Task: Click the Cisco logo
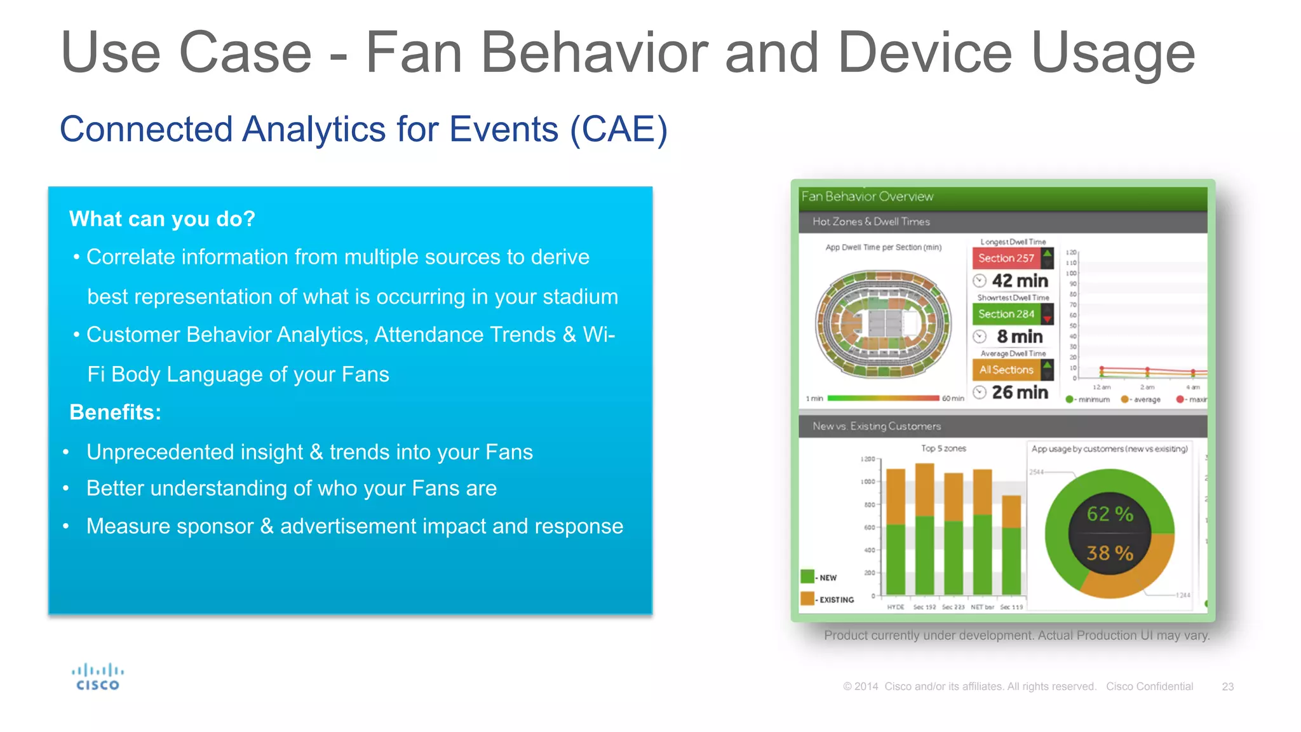coord(97,677)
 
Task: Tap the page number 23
coord(1227,686)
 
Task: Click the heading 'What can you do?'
coord(162,219)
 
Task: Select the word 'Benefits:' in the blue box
coord(115,412)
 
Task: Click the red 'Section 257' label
coord(1006,258)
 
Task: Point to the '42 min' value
coord(1020,280)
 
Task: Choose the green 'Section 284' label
coord(1006,314)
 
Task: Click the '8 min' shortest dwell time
coord(1020,336)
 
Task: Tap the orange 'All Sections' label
coord(1006,370)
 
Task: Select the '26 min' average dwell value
coord(1020,392)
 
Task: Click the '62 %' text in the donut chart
coord(1109,513)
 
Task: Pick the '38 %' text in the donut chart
coord(1109,553)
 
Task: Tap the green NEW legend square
coord(807,576)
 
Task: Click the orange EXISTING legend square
coord(807,599)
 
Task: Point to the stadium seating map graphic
coord(883,324)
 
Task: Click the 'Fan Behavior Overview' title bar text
coord(867,197)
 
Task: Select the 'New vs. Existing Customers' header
coord(877,426)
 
